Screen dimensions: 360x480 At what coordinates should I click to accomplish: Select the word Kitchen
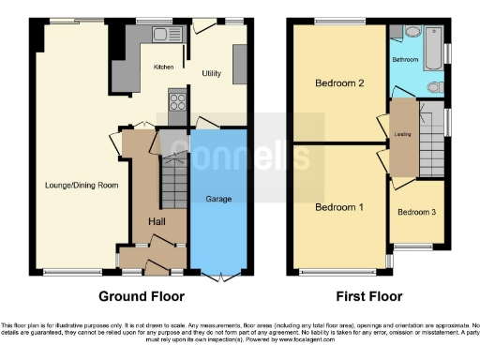pos(164,67)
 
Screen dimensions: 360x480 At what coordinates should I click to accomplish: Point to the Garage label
pos(217,198)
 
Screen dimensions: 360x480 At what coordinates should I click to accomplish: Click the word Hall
pos(157,220)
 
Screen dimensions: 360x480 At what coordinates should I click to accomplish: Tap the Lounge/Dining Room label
pos(82,186)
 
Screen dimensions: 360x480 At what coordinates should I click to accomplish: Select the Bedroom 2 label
pos(338,83)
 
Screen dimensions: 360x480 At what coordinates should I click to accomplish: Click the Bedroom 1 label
pos(338,206)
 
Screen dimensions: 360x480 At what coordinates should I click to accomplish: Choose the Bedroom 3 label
pos(416,212)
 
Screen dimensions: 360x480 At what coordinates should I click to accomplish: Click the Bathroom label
pos(406,59)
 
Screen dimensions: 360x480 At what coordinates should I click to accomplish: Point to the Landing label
pos(403,134)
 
